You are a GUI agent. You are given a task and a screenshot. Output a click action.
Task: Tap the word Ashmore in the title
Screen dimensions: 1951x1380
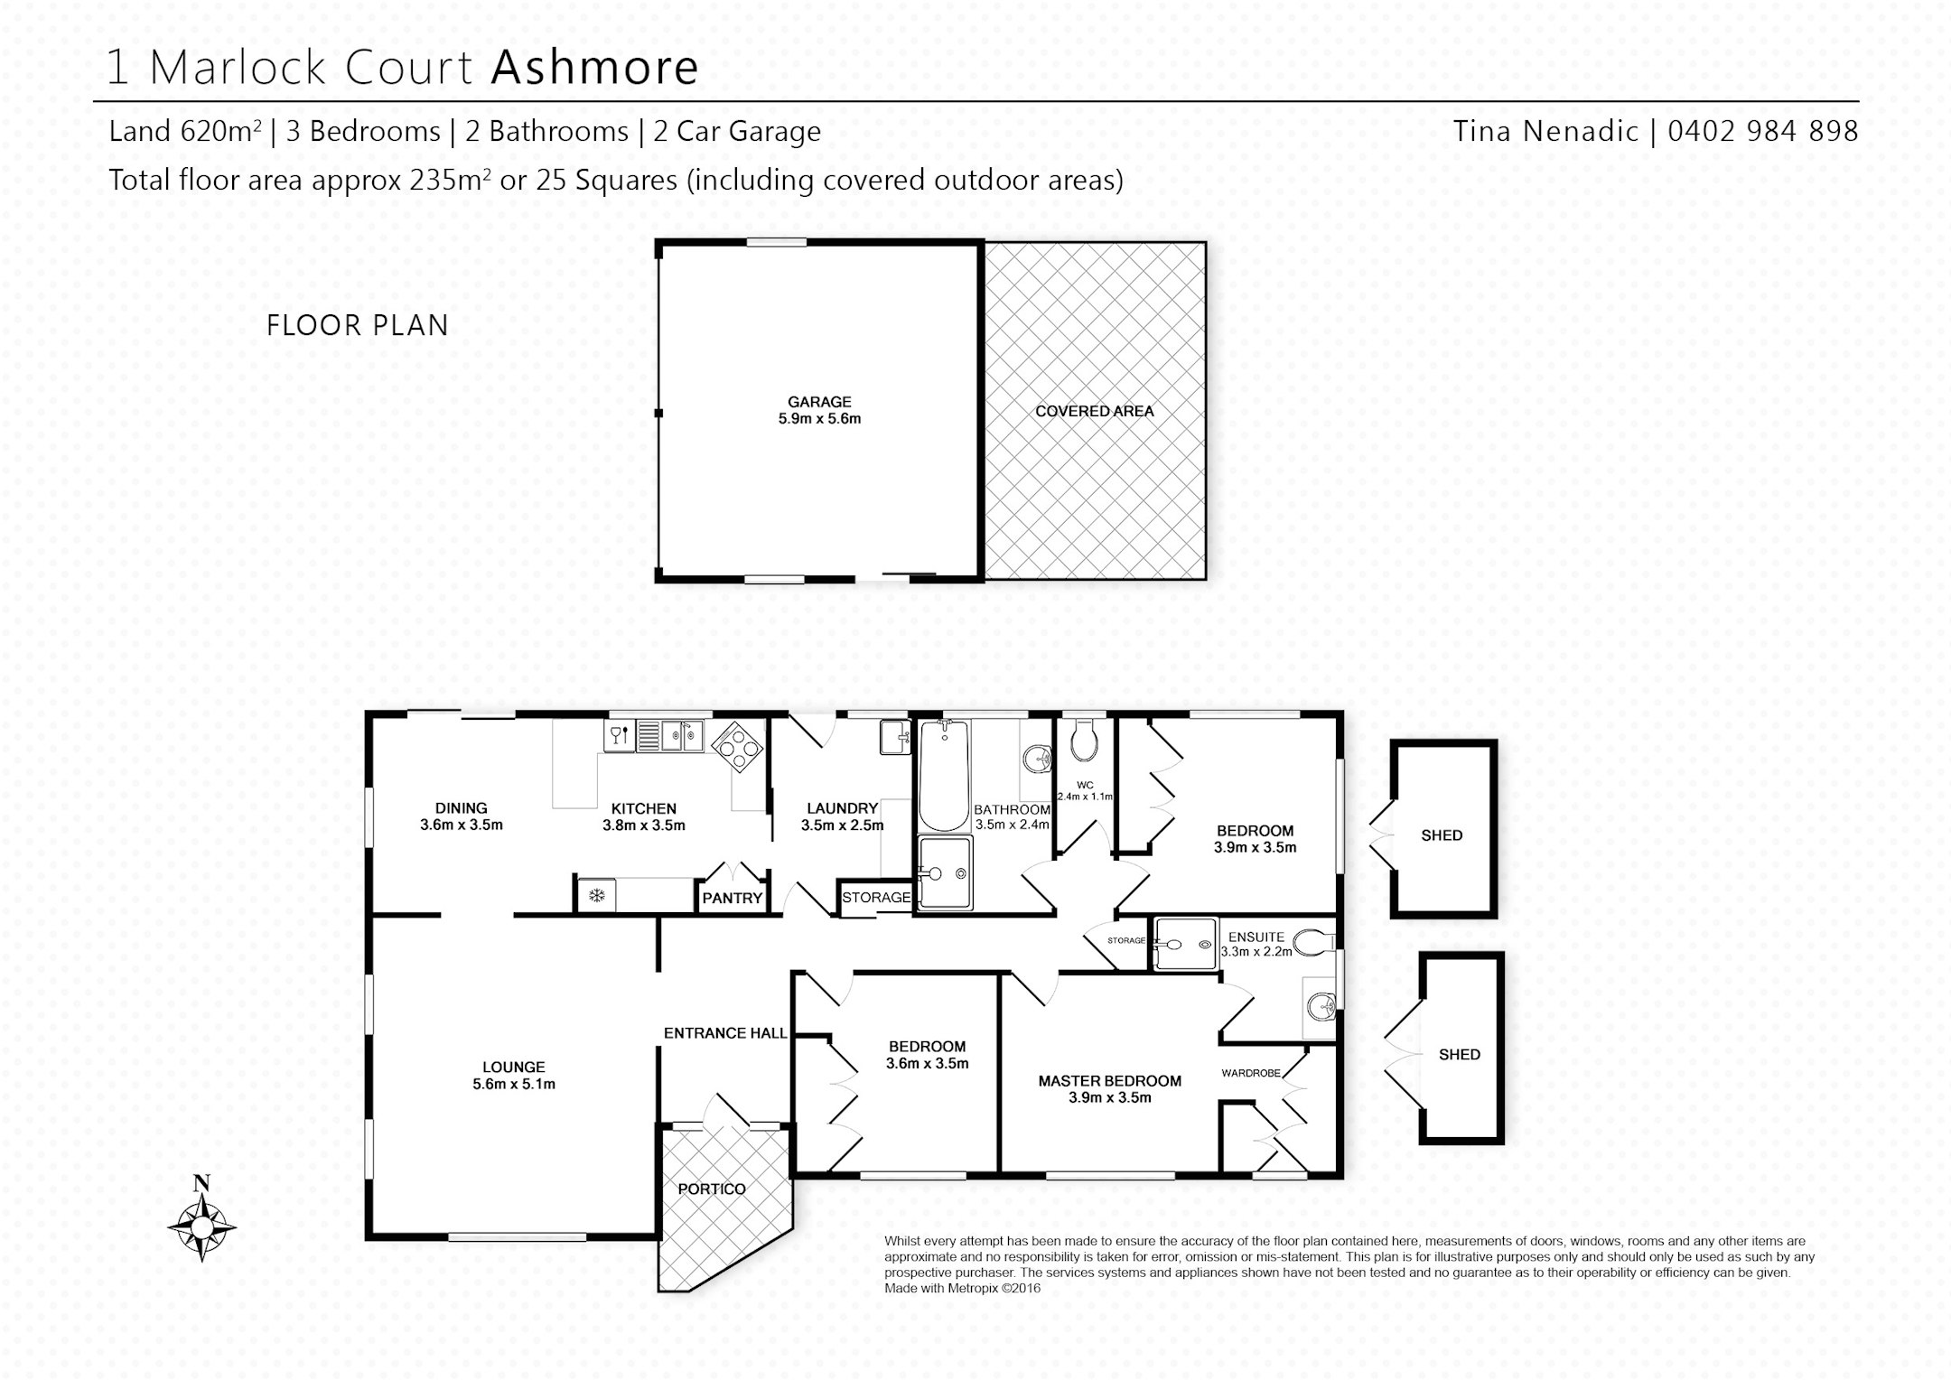[x=594, y=67]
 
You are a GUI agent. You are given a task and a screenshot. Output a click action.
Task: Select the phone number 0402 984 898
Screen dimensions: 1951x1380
[x=1763, y=131]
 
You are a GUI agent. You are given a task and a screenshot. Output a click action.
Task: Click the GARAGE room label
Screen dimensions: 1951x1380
[x=819, y=402]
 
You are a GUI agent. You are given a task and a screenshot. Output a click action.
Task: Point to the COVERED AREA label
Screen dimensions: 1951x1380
[x=1095, y=411]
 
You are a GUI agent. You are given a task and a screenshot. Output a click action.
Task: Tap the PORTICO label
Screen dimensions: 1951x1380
[x=712, y=1189]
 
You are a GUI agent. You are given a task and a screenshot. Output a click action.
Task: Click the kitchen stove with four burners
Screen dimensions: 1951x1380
[x=738, y=747]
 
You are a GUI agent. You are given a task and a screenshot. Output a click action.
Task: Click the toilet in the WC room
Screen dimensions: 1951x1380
[x=1083, y=740]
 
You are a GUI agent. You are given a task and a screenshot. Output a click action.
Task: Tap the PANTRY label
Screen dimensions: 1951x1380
[x=733, y=898]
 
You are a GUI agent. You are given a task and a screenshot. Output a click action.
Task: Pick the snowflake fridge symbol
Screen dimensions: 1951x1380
[x=596, y=895]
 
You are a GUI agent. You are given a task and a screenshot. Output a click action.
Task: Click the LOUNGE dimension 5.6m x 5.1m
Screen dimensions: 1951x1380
[x=514, y=1084]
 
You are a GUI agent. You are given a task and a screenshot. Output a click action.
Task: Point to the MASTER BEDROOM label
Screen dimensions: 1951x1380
[x=1110, y=1081]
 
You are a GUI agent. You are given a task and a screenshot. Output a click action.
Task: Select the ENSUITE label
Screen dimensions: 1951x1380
[x=1256, y=937]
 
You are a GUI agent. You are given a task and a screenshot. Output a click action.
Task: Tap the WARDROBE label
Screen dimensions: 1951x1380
[x=1251, y=1073]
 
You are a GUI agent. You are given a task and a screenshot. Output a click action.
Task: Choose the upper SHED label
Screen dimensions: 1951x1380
[x=1442, y=835]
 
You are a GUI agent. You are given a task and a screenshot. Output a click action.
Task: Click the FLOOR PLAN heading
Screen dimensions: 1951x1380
[x=358, y=325]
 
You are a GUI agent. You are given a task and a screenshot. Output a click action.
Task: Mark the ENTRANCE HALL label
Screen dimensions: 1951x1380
[x=725, y=1033]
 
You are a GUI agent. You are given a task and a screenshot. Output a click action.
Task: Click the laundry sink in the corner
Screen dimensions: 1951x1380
[x=895, y=736]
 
